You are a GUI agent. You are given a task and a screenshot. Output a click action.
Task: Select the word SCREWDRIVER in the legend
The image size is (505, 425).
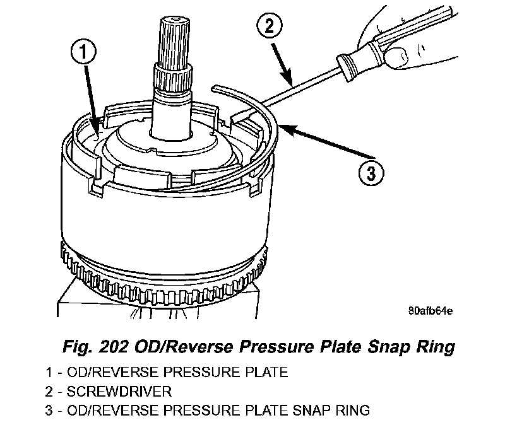coord(130,392)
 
